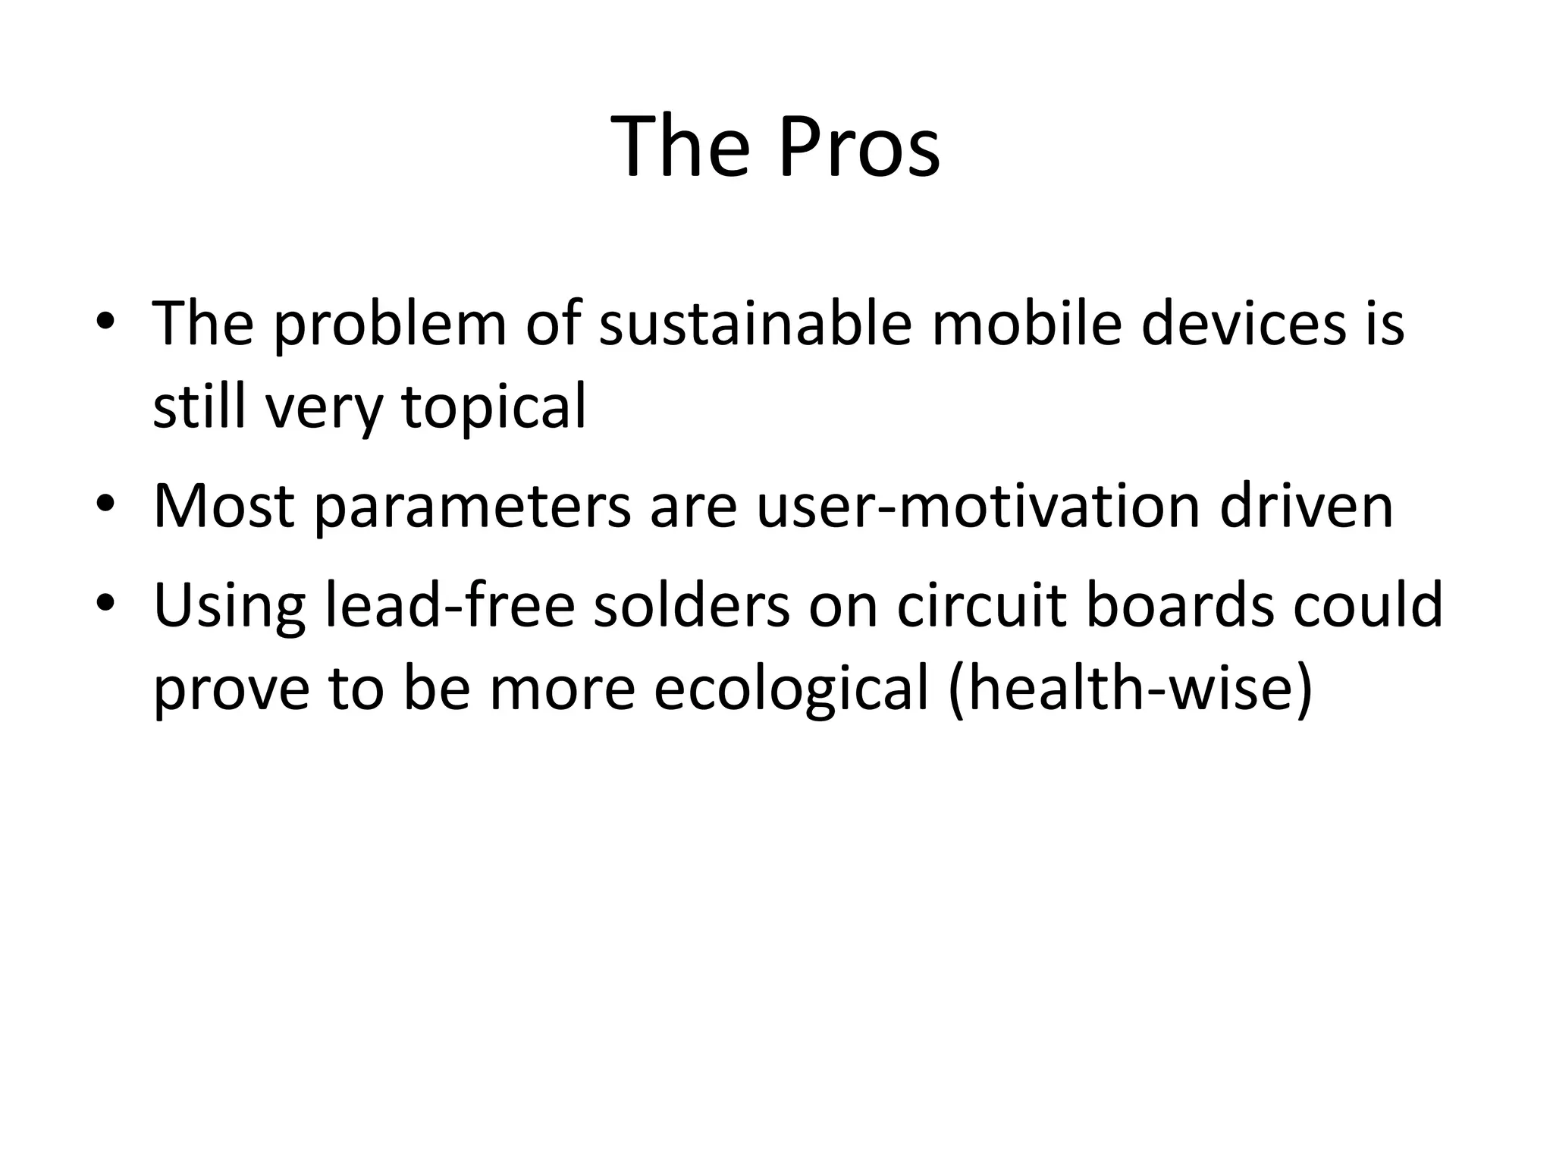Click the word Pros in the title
click(858, 146)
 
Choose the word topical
click(494, 407)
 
